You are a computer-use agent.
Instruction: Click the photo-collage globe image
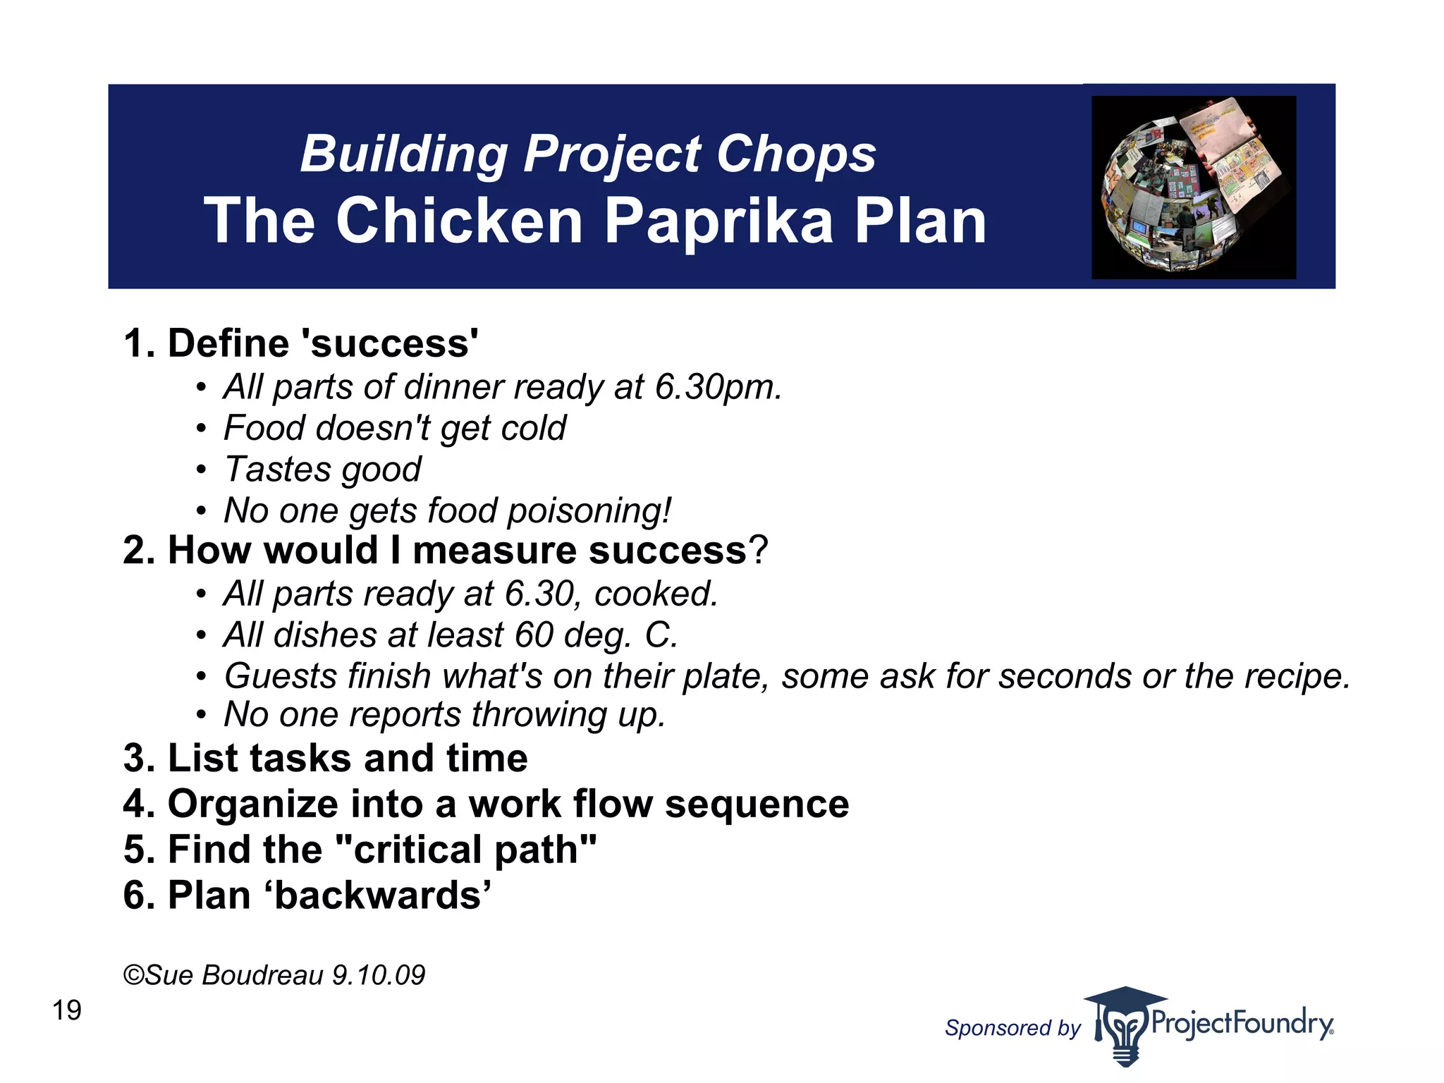[1193, 187]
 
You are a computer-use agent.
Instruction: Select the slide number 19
[67, 1010]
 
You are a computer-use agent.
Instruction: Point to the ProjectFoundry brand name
[1242, 1023]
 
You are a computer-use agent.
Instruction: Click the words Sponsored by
[1012, 1028]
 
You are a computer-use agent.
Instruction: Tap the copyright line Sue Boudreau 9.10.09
[274, 975]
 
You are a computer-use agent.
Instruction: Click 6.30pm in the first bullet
[718, 387]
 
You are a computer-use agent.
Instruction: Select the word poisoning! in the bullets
[589, 510]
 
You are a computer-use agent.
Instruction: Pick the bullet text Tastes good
[322, 470]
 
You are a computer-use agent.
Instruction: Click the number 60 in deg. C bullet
[534, 635]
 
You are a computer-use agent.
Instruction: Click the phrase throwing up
[568, 714]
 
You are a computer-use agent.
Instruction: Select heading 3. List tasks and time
[325, 758]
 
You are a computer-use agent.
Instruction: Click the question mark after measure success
[759, 550]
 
